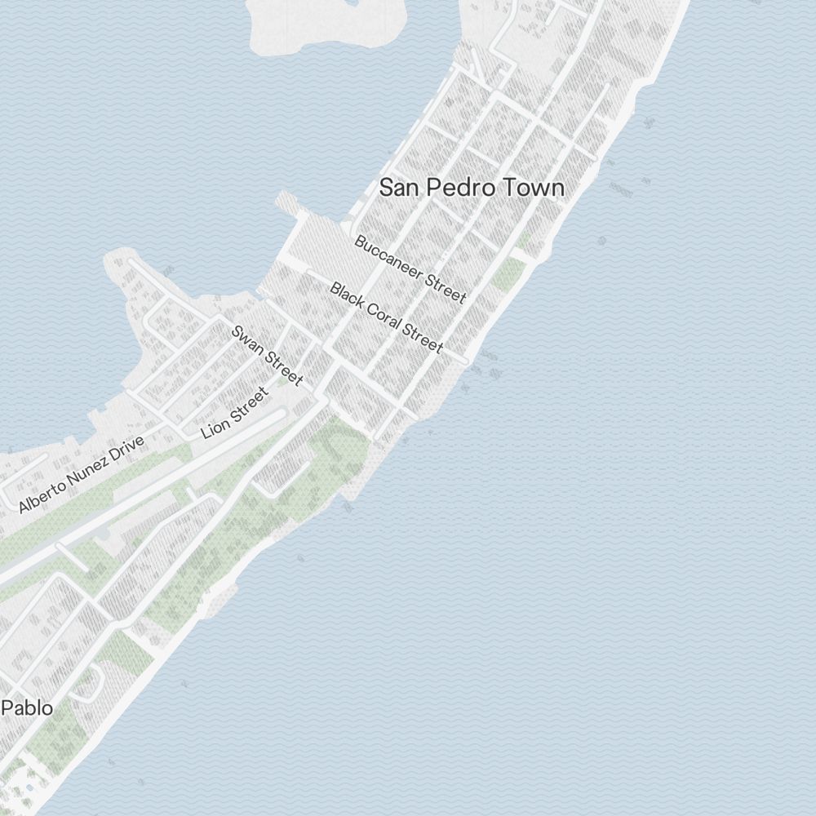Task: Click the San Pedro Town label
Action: (472, 188)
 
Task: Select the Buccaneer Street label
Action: (410, 269)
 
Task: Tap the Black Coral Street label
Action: (387, 318)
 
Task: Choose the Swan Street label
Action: (268, 356)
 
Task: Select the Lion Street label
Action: (235, 412)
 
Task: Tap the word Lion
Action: (214, 427)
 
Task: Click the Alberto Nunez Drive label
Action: (82, 474)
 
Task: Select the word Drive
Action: (126, 450)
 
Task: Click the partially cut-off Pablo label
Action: (27, 707)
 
